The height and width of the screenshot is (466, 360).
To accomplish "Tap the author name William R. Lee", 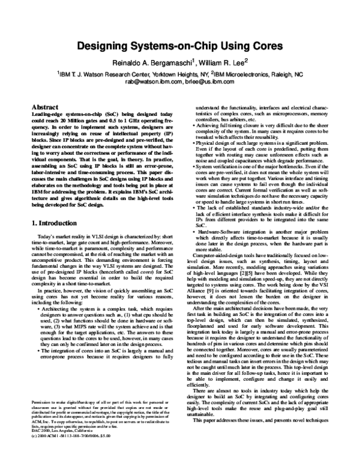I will (x=218, y=62).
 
